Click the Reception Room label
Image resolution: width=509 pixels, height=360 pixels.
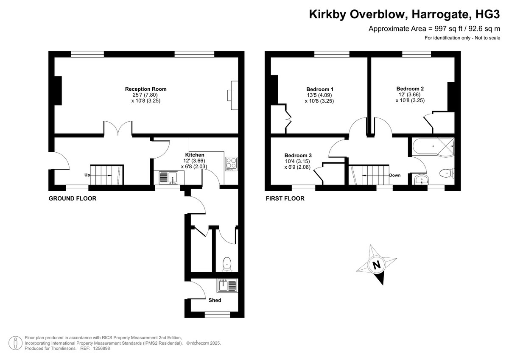click(x=145, y=89)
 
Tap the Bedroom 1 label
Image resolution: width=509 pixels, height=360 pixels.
click(x=320, y=89)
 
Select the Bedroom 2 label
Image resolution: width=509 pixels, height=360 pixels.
click(x=410, y=89)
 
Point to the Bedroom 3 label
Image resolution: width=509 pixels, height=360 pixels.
click(x=298, y=155)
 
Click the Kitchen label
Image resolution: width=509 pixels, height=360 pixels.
click(x=195, y=155)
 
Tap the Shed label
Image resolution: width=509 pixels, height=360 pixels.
click(x=215, y=300)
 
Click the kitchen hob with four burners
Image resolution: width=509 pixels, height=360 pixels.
click(x=231, y=164)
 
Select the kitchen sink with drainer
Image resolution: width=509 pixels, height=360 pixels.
click(x=169, y=178)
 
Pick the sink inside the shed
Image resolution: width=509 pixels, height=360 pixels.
click(x=227, y=285)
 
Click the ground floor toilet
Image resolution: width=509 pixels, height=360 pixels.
click(x=227, y=264)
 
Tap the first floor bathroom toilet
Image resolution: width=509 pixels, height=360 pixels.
click(x=447, y=174)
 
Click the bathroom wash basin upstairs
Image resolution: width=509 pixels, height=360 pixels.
click(x=422, y=179)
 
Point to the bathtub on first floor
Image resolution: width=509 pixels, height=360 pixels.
click(x=433, y=147)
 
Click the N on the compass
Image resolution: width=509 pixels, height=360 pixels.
click(x=377, y=265)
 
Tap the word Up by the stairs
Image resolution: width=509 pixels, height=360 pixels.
click(x=87, y=175)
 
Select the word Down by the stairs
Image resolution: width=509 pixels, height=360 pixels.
click(x=395, y=175)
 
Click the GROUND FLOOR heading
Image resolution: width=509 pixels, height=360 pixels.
click(x=73, y=198)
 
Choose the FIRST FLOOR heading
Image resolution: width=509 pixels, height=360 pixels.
click(x=285, y=198)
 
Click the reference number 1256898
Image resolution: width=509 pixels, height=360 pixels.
click(x=101, y=348)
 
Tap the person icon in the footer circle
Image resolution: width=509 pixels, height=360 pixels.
click(x=15, y=343)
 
